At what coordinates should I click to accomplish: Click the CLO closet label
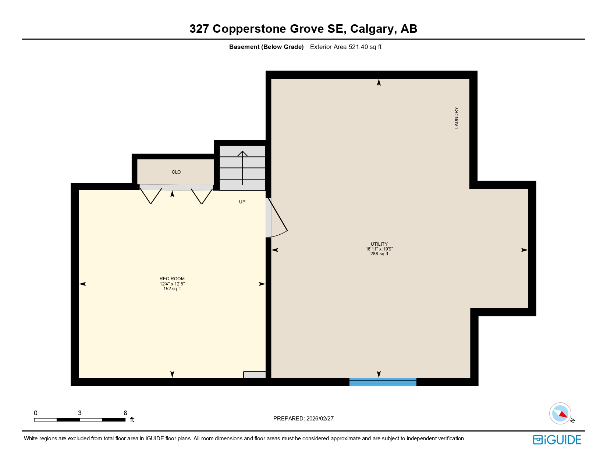176,172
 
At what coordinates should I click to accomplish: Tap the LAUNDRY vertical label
457,118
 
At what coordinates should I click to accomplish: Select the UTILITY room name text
379,244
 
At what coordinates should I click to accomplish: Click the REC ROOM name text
172,279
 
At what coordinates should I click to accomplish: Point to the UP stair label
242,202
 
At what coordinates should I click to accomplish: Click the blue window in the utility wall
383,382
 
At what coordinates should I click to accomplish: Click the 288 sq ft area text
379,254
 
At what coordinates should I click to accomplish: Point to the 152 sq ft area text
172,289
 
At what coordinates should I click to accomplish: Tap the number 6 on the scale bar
125,413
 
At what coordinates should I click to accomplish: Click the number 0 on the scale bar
36,413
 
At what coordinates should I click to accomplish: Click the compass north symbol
560,413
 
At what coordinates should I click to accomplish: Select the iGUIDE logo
557,440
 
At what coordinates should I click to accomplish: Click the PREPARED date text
303,419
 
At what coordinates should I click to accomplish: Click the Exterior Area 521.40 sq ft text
345,47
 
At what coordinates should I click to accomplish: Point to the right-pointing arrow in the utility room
524,250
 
